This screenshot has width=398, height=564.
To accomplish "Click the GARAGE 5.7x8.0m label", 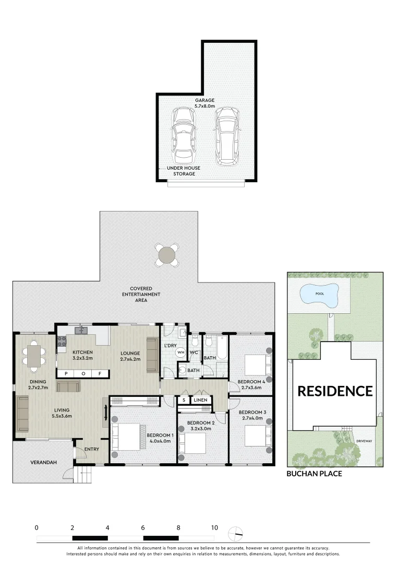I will point(205,103).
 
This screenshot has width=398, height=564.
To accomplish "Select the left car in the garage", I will point(182,135).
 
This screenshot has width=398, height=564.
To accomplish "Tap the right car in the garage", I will point(226,135).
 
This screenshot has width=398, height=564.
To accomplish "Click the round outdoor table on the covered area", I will point(167,255).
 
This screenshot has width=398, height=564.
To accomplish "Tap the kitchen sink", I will point(81,330).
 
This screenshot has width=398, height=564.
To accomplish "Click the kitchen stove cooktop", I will point(62,341).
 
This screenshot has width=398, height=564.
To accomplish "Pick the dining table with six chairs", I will point(34,356).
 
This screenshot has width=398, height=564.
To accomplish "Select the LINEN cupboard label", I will point(200,400).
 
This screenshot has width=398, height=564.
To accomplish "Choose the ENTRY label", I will point(91,449).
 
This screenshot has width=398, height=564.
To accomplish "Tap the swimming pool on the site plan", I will point(319,294).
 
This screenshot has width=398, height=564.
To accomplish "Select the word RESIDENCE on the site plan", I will point(335,391).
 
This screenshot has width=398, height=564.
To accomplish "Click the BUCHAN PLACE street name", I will point(314,474).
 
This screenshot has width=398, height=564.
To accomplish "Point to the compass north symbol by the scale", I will point(235,533).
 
